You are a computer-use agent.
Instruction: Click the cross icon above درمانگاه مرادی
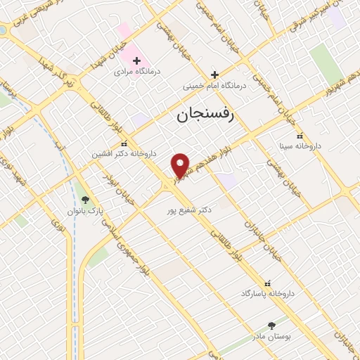click(136, 60)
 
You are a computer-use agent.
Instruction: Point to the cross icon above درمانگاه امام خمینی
click(214, 75)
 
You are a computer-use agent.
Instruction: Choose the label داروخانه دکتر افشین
click(124, 153)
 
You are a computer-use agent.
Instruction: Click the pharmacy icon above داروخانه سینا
click(300, 136)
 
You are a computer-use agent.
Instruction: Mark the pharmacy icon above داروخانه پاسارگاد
click(266, 281)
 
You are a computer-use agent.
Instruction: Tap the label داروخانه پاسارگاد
click(267, 292)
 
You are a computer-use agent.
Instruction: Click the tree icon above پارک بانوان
click(86, 200)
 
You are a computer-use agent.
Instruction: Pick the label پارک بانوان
click(86, 211)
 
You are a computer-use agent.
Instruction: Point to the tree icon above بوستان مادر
click(272, 326)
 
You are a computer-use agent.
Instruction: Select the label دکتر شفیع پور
click(186, 209)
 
